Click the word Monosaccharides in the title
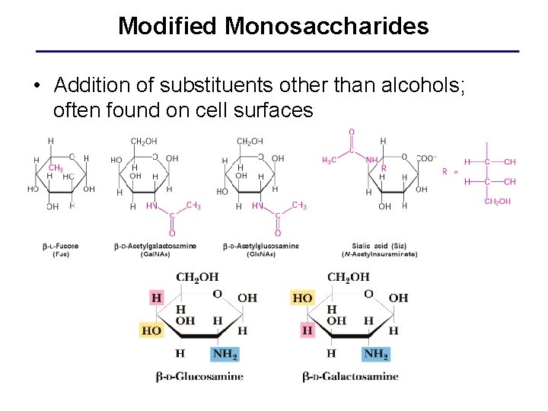[327, 27]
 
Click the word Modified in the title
[167, 27]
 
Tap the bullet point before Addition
[37, 84]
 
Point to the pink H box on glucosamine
[156, 298]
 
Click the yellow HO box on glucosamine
[151, 331]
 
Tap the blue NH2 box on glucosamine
[225, 354]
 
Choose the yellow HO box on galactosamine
[302, 298]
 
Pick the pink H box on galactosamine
[307, 331]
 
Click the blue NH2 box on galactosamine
[376, 354]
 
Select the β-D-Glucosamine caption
[199, 376]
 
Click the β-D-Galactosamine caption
[350, 376]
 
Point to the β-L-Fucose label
[61, 246]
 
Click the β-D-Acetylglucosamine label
[260, 246]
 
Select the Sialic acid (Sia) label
[379, 246]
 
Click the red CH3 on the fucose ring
[56, 167]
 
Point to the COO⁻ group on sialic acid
[425, 158]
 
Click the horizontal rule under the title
[278, 51]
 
